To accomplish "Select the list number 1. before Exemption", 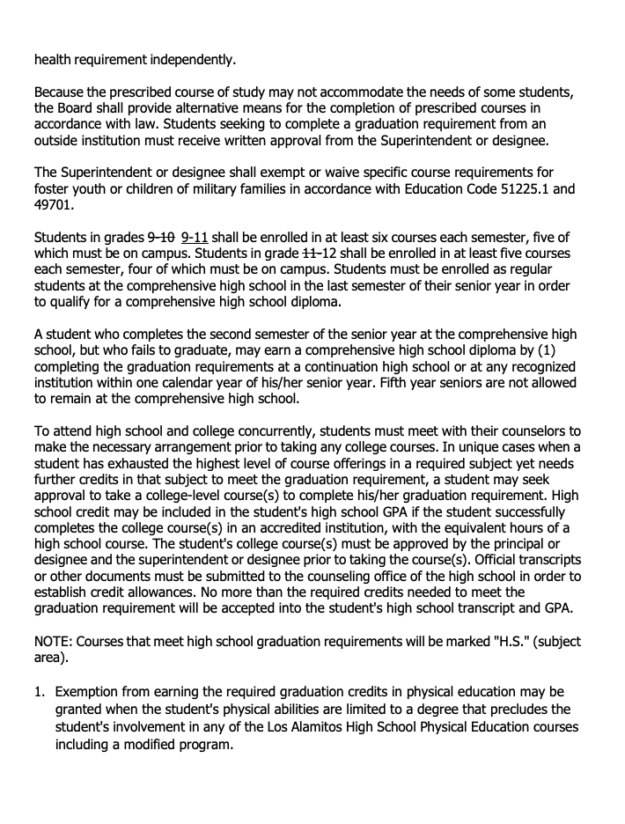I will coord(40,692).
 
